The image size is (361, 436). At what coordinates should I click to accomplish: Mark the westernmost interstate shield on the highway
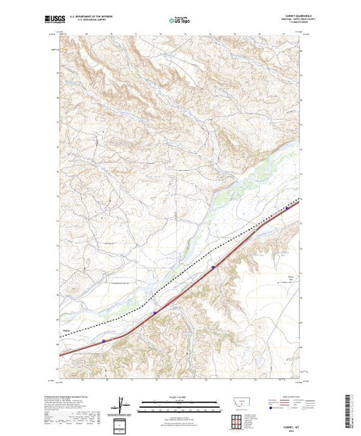[x=104, y=340]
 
